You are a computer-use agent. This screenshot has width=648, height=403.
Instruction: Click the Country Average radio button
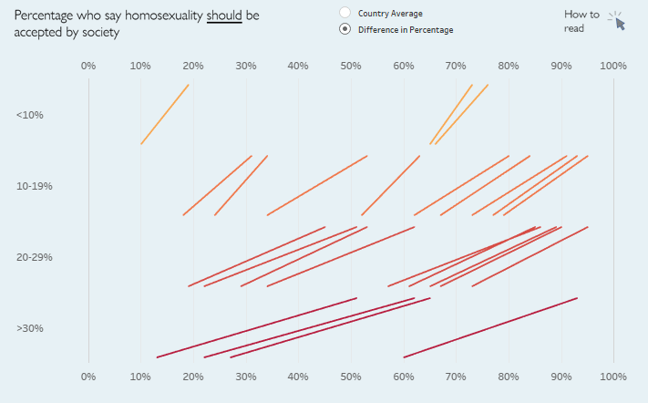[x=345, y=13]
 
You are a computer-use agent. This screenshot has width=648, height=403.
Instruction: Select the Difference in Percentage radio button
[x=345, y=29]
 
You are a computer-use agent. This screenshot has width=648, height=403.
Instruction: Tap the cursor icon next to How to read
[x=618, y=22]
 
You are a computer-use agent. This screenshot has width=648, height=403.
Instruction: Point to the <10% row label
[x=29, y=115]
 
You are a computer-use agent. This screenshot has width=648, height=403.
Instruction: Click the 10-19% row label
[x=35, y=186]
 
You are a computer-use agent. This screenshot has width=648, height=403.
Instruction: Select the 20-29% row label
[x=35, y=257]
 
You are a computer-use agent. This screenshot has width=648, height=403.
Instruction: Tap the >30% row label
[x=29, y=328]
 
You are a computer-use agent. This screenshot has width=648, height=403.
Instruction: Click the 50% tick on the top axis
[x=351, y=66]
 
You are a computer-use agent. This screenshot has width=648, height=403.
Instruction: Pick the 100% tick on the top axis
[x=613, y=66]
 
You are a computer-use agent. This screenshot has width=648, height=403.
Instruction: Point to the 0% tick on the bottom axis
[x=88, y=377]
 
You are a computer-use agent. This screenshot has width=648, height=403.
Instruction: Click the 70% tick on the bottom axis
[x=456, y=377]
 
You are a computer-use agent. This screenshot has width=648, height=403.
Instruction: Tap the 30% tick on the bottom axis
[x=246, y=377]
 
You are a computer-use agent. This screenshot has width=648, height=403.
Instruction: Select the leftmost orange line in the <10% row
[x=165, y=114]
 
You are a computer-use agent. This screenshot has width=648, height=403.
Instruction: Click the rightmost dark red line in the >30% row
[x=490, y=327]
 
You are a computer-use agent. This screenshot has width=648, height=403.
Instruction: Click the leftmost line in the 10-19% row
[x=217, y=185]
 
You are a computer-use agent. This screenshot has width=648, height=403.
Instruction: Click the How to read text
[x=581, y=21]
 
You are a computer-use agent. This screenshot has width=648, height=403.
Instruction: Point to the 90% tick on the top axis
[x=561, y=66]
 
